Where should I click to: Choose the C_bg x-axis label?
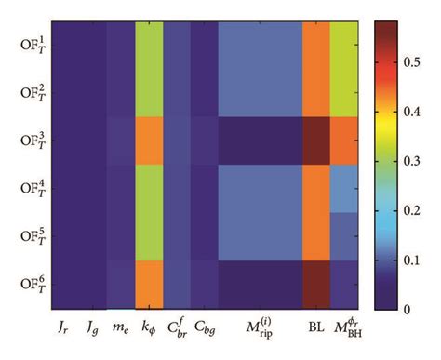tap(205, 327)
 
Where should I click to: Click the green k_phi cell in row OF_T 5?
tap(149, 237)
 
